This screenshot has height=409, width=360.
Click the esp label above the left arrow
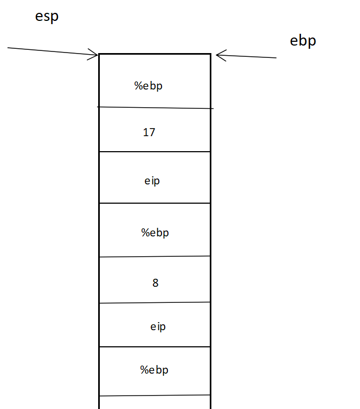47,17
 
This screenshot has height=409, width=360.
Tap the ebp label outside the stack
303,41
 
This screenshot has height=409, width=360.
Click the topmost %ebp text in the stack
148,86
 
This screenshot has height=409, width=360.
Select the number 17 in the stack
149,132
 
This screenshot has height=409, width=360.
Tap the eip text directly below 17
152,181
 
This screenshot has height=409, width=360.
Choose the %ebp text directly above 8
155,233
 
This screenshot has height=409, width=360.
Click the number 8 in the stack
156,283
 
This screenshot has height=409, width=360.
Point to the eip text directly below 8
158,326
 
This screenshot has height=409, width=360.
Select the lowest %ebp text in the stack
155,369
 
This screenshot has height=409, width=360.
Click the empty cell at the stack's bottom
155,402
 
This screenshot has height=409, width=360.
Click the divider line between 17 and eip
155,152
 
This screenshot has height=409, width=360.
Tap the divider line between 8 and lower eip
155,303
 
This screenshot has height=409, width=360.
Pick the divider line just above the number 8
155,256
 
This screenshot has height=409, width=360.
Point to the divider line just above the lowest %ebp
155,347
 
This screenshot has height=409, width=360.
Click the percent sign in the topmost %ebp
138,86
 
